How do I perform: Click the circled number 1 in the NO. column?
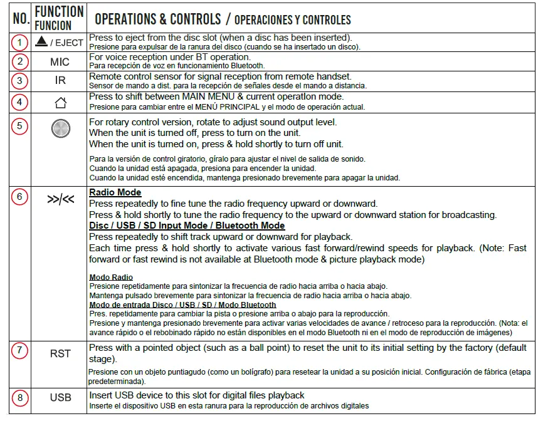pyautogui.click(x=21, y=43)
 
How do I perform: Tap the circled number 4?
pyautogui.click(x=21, y=101)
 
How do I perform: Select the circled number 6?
pyautogui.click(x=21, y=196)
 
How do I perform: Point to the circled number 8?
pyautogui.click(x=21, y=398)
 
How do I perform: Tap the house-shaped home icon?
pyautogui.click(x=61, y=102)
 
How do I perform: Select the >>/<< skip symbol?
pyautogui.click(x=60, y=200)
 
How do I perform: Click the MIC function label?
pyautogui.click(x=60, y=62)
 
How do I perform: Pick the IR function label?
pyautogui.click(x=60, y=81)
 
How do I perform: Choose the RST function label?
pyautogui.click(x=60, y=353)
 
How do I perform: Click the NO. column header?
pyautogui.click(x=21, y=19)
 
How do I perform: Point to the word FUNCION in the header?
pyautogui.click(x=53, y=26)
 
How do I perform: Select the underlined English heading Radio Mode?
pyautogui.click(x=115, y=192)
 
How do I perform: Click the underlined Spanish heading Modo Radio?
pyautogui.click(x=111, y=278)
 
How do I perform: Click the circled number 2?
pyautogui.click(x=21, y=61)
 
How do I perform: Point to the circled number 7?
pyautogui.click(x=21, y=350)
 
